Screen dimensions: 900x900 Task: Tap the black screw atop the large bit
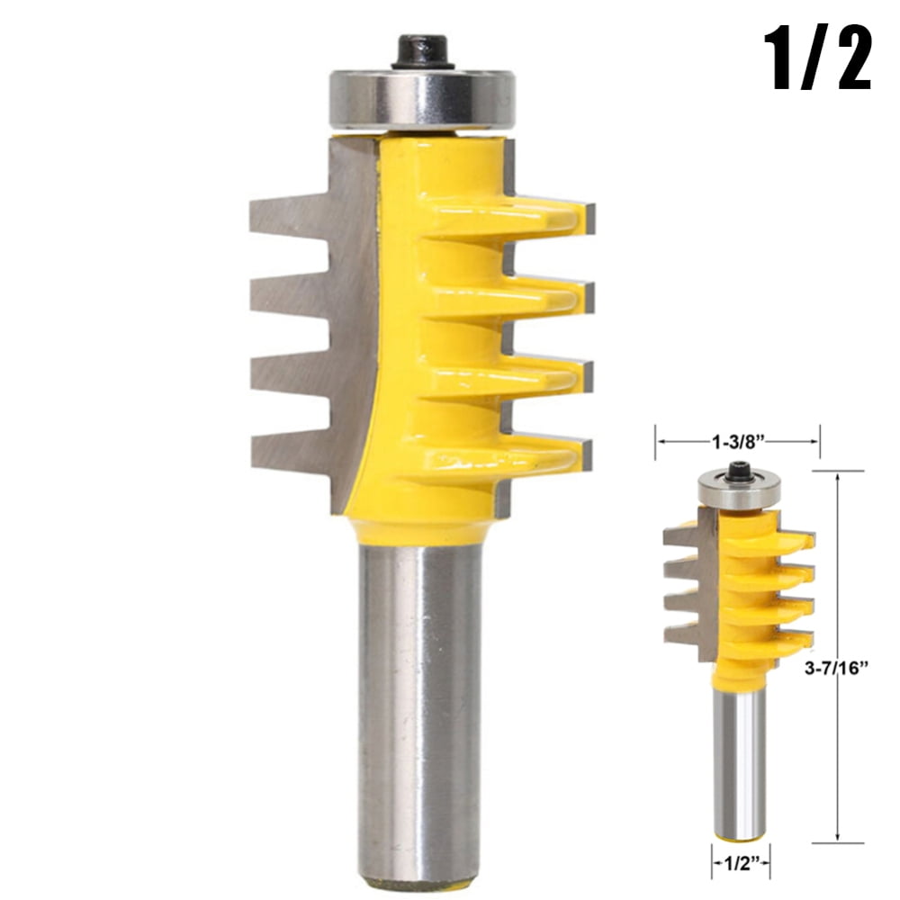424,51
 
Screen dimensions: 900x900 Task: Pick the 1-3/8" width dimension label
737,441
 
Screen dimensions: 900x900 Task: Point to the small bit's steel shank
740,765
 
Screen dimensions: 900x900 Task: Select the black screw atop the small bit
740,470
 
